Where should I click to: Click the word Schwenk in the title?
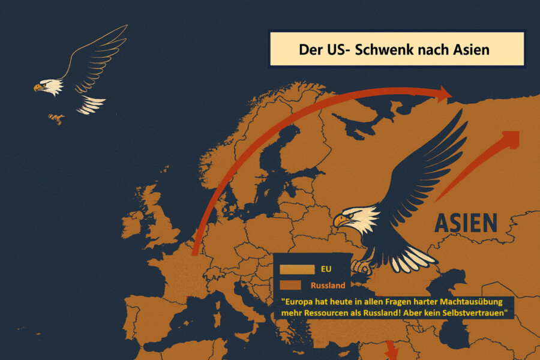point(381,49)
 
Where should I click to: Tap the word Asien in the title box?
point(467,49)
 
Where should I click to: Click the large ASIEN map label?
point(466,223)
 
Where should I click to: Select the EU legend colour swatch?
point(295,269)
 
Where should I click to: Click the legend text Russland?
point(328,286)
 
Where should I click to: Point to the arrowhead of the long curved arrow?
point(444,93)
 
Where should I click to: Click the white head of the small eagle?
point(49,86)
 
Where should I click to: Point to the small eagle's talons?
point(56,118)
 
